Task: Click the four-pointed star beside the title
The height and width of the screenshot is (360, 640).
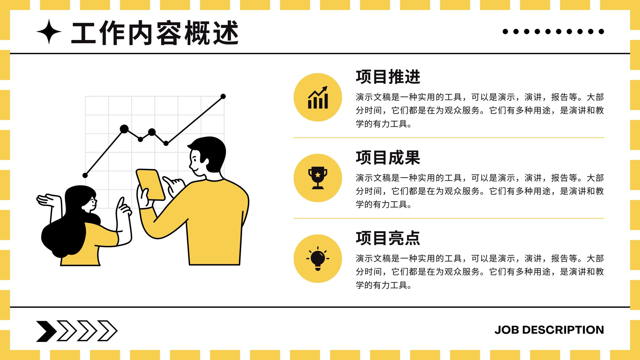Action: (49, 32)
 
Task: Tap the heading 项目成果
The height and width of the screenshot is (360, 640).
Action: (388, 158)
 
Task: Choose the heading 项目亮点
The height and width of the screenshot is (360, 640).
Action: (388, 238)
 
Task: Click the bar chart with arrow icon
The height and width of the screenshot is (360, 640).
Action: (318, 98)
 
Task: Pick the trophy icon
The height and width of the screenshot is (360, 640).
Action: (318, 178)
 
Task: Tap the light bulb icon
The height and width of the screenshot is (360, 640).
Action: (318, 258)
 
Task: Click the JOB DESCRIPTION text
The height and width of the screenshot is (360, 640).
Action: (549, 330)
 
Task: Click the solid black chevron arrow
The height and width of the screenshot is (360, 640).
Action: (46, 331)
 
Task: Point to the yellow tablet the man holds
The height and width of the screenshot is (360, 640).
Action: (150, 184)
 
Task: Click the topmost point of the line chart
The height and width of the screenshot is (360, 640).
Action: (223, 96)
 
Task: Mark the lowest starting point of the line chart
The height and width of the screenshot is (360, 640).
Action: (85, 175)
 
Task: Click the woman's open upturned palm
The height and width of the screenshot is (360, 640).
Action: (48, 200)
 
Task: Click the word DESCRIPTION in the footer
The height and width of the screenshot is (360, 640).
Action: (563, 330)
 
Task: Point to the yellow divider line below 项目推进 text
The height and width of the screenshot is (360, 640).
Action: (448, 138)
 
